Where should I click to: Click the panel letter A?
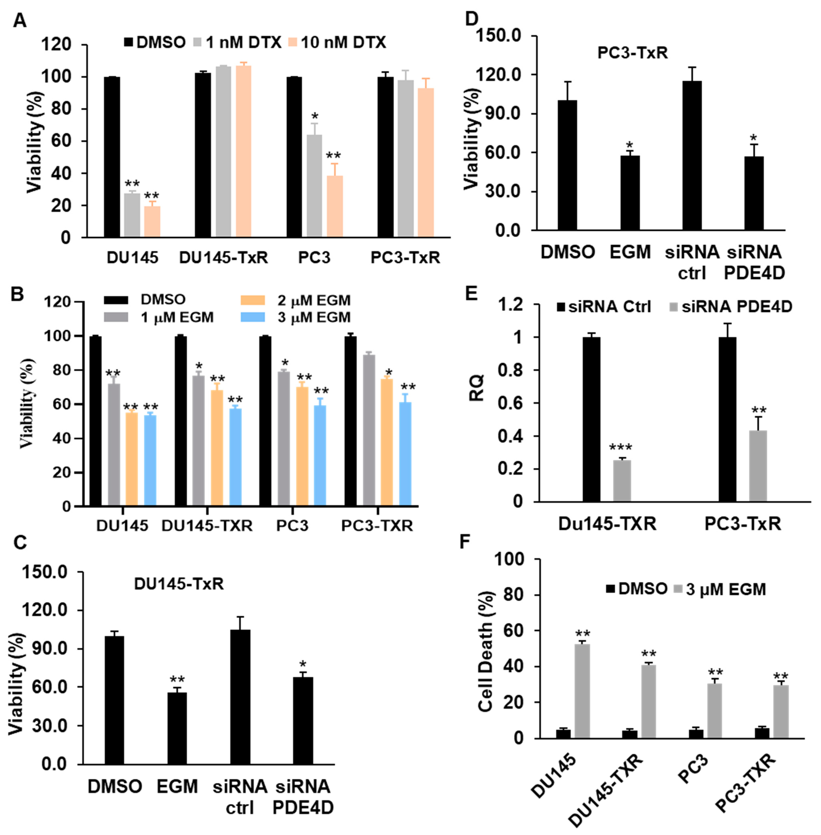[x=19, y=20]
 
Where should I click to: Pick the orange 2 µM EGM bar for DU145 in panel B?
[x=132, y=459]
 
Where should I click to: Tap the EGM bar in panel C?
[x=177, y=729]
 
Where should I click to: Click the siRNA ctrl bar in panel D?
[x=692, y=155]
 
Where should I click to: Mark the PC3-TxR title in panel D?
[x=633, y=53]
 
